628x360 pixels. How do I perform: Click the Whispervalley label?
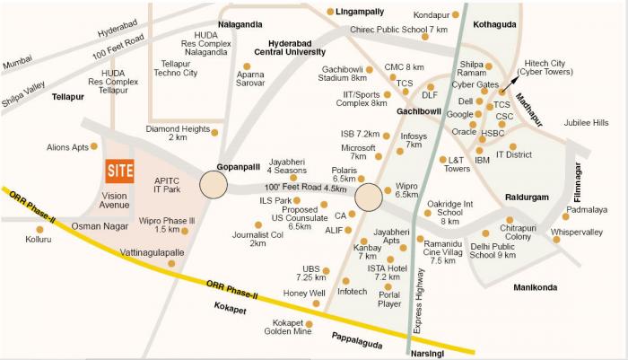[577, 232]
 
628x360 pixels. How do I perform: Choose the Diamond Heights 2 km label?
[178, 134]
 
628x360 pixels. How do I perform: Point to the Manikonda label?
[535, 288]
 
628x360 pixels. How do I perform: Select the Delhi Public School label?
[493, 250]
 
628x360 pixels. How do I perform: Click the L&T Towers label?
[458, 164]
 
